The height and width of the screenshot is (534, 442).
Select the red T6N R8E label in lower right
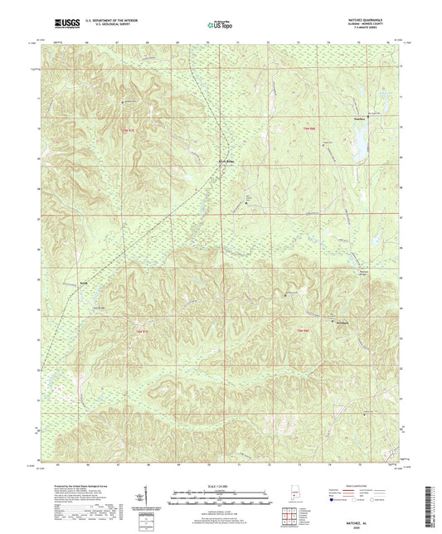point(304,331)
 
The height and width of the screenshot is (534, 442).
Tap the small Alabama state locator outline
point(295,495)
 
